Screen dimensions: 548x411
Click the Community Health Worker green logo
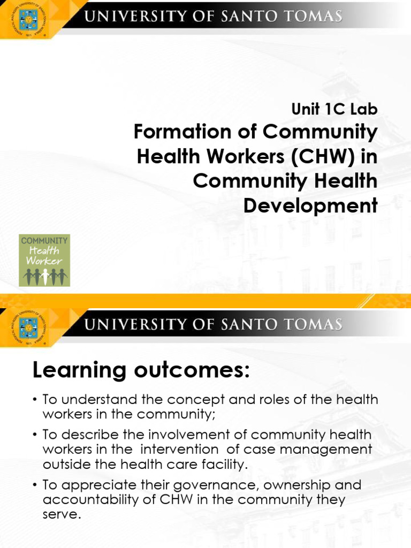[44, 260]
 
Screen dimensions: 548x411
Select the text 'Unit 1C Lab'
[334, 109]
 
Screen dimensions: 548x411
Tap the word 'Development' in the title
[310, 205]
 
